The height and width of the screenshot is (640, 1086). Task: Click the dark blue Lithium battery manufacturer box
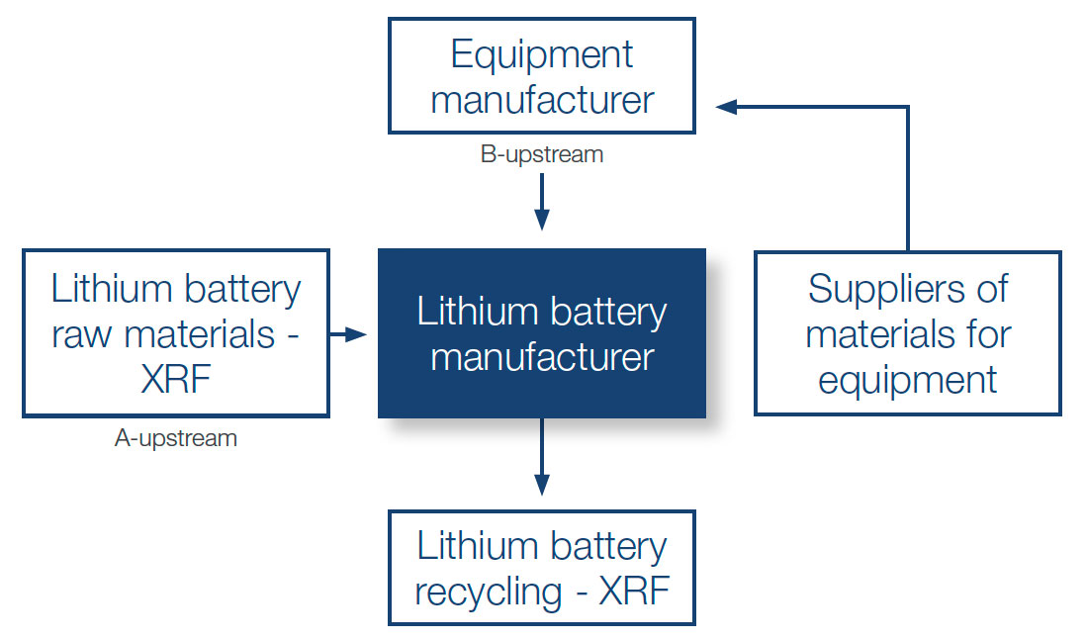pyautogui.click(x=541, y=332)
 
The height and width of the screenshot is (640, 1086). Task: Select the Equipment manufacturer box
pyautogui.click(x=541, y=77)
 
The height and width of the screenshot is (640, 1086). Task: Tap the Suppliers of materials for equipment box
pyautogui.click(x=907, y=333)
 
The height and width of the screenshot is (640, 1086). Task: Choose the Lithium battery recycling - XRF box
pyautogui.click(x=541, y=568)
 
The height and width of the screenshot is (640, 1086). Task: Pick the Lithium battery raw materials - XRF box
pyautogui.click(x=175, y=333)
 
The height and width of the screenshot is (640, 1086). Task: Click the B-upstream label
pyautogui.click(x=541, y=154)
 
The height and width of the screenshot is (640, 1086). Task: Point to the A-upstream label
pyautogui.click(x=175, y=438)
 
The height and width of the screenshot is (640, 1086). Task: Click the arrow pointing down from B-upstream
pyautogui.click(x=541, y=203)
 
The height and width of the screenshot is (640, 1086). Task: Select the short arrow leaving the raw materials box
pyautogui.click(x=348, y=335)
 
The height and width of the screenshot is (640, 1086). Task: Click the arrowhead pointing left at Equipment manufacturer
pyautogui.click(x=726, y=106)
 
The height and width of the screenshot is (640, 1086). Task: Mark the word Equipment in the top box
pyautogui.click(x=541, y=54)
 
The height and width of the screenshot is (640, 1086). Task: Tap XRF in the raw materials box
pyautogui.click(x=175, y=380)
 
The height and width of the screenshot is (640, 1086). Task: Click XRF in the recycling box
pyautogui.click(x=634, y=592)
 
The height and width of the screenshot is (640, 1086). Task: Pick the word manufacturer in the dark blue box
pyautogui.click(x=541, y=356)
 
